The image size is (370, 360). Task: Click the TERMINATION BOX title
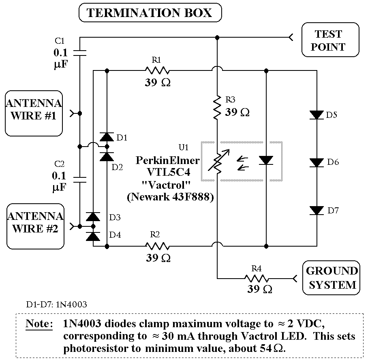point(150,13)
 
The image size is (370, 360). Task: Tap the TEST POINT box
point(330,40)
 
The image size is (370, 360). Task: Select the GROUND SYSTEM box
point(331,278)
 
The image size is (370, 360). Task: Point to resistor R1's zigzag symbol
point(157,70)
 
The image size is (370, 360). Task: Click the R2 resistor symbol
point(157,245)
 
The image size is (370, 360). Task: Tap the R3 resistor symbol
point(217,107)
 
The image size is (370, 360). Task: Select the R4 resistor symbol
point(256,279)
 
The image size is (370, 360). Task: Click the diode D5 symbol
point(316,115)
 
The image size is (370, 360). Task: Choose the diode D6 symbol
point(316,162)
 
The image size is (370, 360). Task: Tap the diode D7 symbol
point(316,211)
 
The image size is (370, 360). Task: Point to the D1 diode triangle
point(107,136)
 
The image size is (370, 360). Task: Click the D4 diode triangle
point(93,236)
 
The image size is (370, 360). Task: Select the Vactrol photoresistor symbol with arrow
point(217,161)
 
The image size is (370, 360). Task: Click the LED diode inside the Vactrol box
point(266,161)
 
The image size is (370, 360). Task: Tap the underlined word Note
point(39,324)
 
